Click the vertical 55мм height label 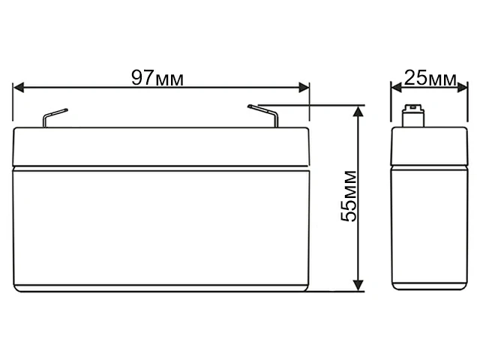click(349, 197)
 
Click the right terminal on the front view click(267, 116)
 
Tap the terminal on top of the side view click(410, 118)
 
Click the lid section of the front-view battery click(162, 147)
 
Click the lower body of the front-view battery click(162, 229)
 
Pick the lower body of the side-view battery click(412, 229)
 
